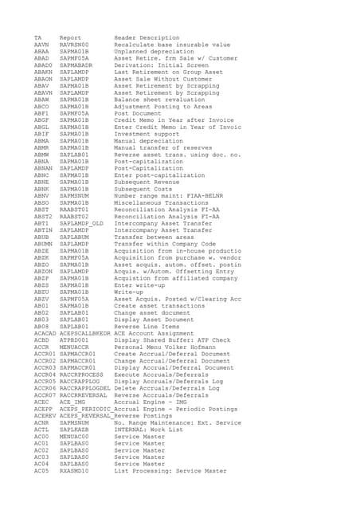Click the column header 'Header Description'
147,37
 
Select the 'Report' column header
70,37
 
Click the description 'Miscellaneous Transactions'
159,203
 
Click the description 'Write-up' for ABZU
128,292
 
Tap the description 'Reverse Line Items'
148,327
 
